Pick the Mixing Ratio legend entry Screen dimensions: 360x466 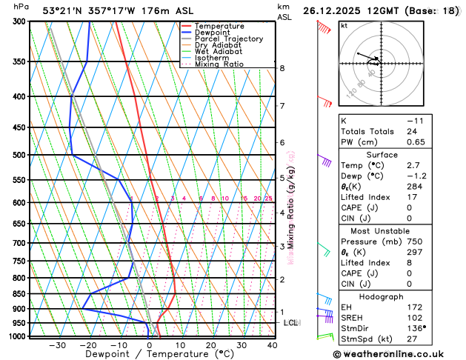click(x=219, y=64)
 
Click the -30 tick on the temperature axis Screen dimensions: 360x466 click(x=58, y=345)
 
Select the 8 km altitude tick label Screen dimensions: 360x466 click(x=282, y=68)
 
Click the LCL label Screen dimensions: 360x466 click(x=290, y=323)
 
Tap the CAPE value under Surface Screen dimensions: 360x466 click(x=409, y=207)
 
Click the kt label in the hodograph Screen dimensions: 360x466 click(x=344, y=26)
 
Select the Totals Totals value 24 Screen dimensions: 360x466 click(x=411, y=131)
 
